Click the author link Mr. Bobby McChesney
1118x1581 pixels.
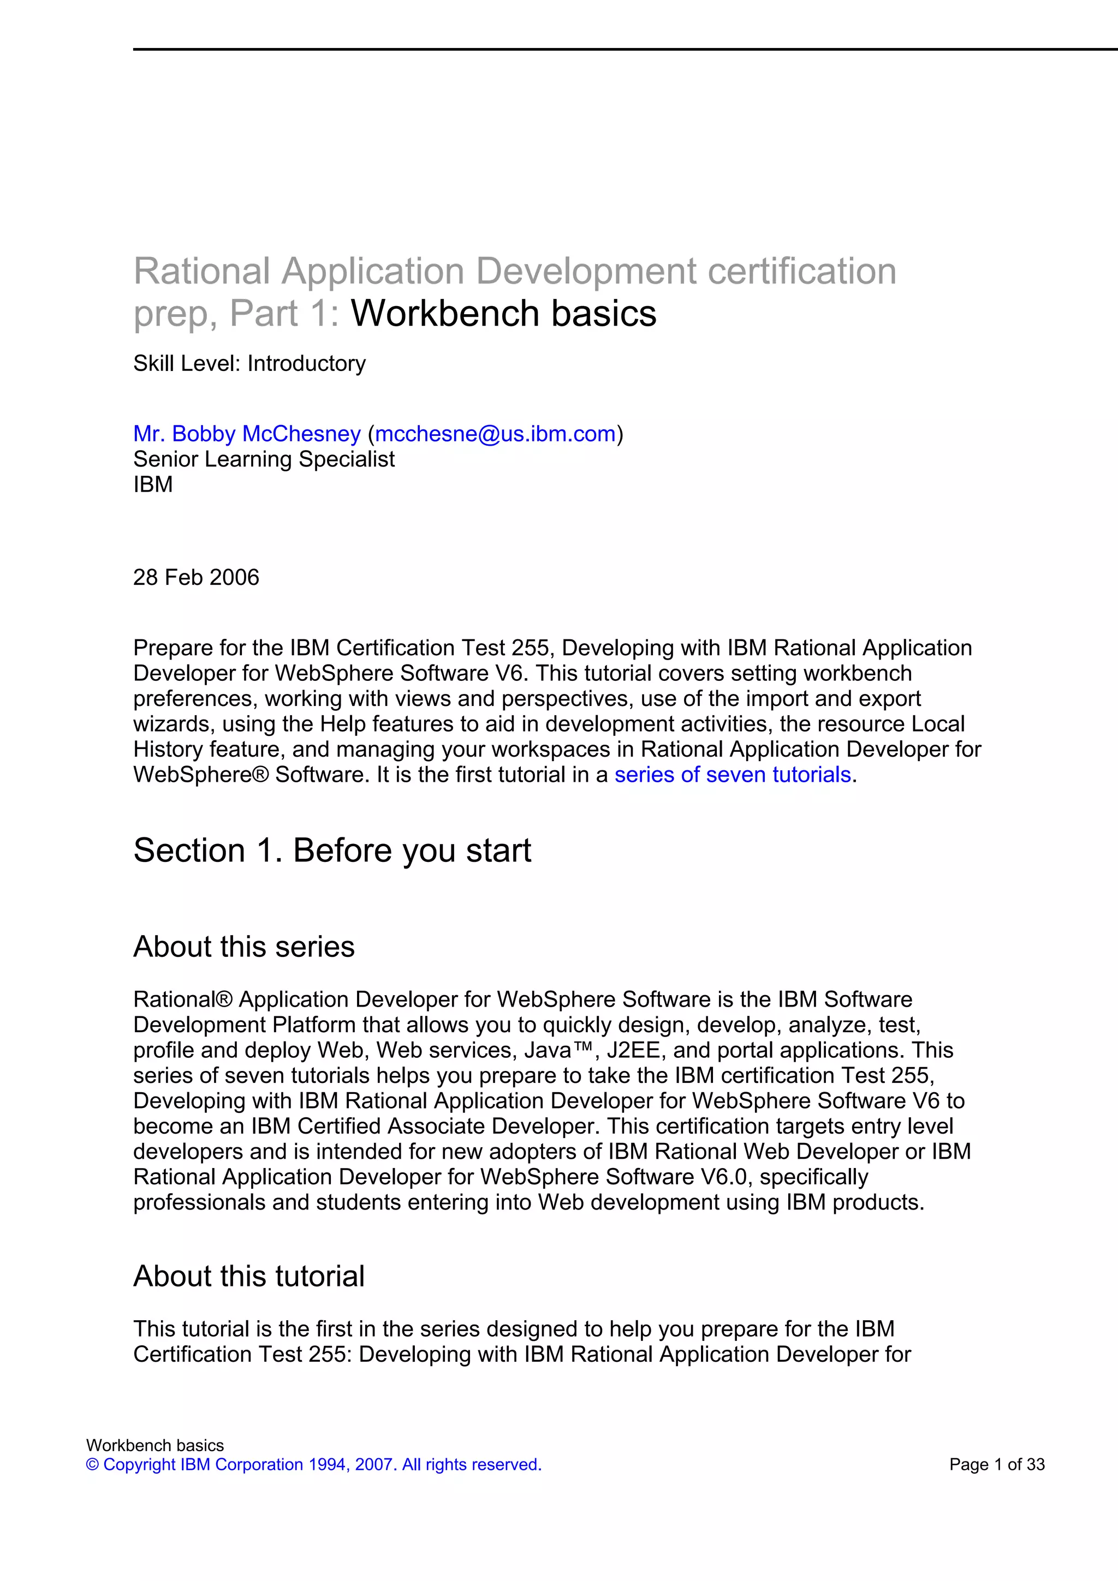(x=247, y=434)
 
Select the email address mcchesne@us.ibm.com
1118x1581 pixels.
(x=495, y=434)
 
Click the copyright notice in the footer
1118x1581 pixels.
(x=313, y=1465)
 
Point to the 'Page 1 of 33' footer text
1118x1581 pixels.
(x=997, y=1465)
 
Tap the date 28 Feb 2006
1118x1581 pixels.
(x=197, y=577)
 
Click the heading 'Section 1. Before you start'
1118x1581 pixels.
(x=332, y=851)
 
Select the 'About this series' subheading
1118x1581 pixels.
(x=244, y=947)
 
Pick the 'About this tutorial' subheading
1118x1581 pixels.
(x=249, y=1276)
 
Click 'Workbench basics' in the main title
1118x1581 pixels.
(x=503, y=314)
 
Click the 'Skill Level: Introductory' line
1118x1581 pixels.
(x=249, y=363)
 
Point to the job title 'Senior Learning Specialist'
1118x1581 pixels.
(x=264, y=459)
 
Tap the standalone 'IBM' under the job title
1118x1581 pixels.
(x=153, y=485)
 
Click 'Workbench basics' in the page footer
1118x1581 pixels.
(x=155, y=1445)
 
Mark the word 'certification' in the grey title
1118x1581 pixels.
(x=802, y=271)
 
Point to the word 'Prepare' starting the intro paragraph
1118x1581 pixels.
(x=172, y=648)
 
